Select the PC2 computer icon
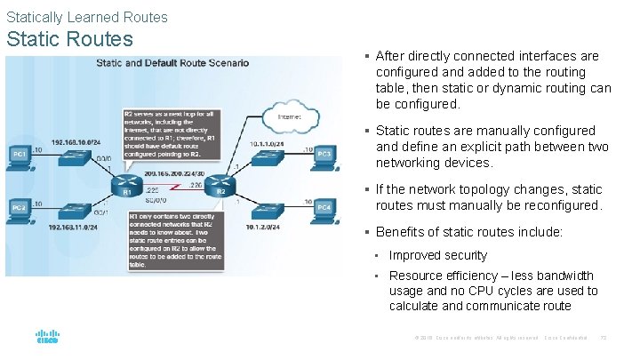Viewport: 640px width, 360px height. pyautogui.click(x=19, y=208)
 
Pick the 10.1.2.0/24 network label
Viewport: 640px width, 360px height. pyautogui.click(x=259, y=228)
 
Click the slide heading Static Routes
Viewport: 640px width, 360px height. pyautogui.click(x=69, y=39)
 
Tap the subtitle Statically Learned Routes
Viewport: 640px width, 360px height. pyautogui.click(x=86, y=16)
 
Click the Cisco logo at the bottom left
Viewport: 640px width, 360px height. pyautogui.click(x=47, y=339)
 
